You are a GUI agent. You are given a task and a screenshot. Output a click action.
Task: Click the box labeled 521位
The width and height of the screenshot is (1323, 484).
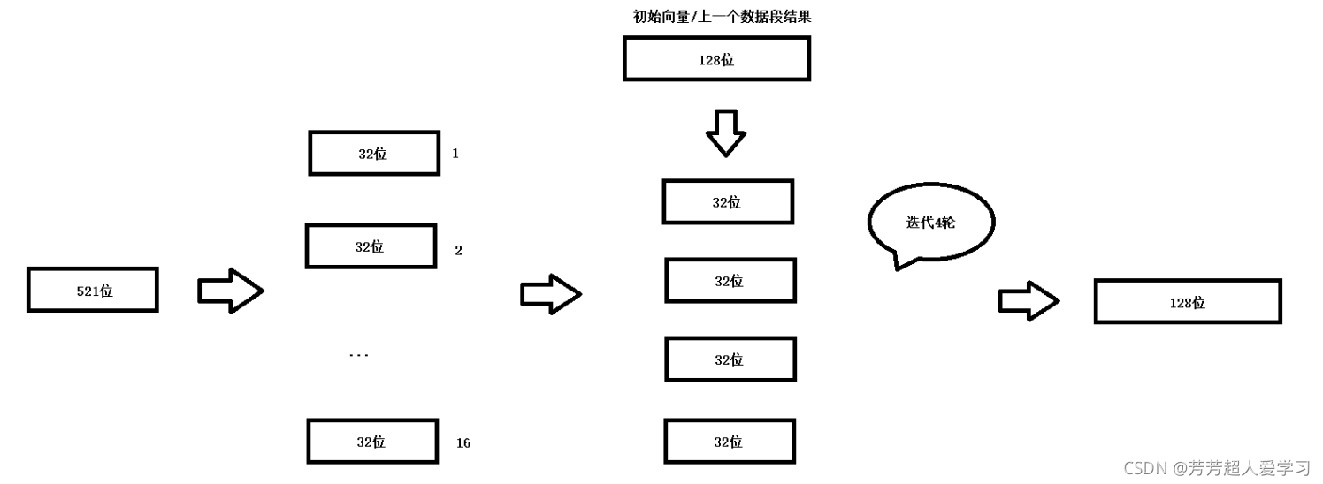[93, 290]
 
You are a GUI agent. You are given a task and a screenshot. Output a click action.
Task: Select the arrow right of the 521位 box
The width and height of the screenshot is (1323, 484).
[230, 291]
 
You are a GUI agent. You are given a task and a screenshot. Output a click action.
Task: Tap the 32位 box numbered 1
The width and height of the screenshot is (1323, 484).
[374, 154]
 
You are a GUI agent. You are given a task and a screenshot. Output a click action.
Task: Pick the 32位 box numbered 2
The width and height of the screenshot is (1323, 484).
[371, 246]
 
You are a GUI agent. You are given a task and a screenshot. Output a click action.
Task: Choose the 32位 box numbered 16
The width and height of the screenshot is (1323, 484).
[372, 442]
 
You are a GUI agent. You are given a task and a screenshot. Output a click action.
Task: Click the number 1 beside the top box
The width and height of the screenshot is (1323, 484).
[455, 154]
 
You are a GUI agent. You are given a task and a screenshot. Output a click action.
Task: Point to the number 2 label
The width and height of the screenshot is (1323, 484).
[458, 251]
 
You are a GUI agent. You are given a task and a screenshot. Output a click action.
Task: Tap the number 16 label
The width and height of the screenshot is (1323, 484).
[463, 443]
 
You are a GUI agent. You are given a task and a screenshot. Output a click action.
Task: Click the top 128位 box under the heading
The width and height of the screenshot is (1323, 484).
[716, 59]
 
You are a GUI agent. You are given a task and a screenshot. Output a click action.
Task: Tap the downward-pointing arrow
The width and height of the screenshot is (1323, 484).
[726, 132]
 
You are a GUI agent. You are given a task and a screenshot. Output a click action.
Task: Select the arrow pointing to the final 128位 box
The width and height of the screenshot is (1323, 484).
[1029, 302]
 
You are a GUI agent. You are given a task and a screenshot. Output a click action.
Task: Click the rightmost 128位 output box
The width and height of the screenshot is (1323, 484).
[1188, 302]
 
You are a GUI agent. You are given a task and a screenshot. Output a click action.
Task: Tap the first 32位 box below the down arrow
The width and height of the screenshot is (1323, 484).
[728, 202]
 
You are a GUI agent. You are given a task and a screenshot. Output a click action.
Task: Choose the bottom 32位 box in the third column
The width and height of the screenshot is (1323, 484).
[730, 442]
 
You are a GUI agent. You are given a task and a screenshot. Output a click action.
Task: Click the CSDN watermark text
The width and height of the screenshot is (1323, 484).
[1216, 468]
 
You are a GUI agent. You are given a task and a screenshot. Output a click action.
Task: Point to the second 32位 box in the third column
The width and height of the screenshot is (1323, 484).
[730, 281]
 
